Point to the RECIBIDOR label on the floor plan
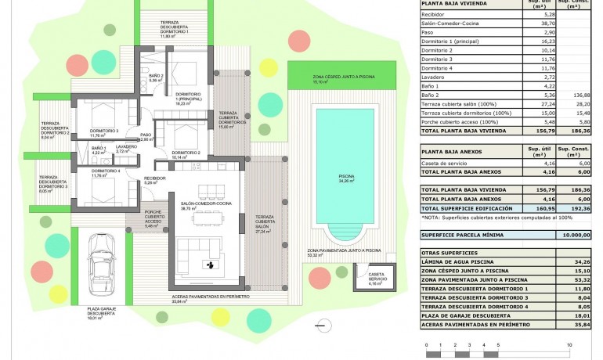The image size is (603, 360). point(154,178)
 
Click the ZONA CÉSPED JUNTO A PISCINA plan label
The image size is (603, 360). point(320,77)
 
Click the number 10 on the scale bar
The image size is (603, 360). point(569,344)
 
